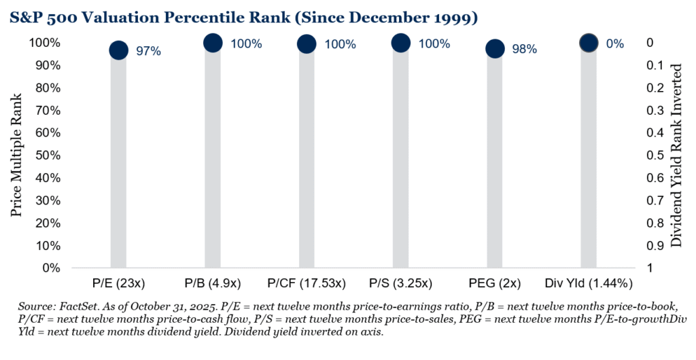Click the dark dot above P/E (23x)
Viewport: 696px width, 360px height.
point(118,50)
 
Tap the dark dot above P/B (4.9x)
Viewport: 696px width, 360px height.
point(213,43)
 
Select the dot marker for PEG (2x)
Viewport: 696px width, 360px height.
point(495,49)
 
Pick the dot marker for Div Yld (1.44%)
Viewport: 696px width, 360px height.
point(589,43)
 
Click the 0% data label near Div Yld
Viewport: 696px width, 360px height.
point(614,43)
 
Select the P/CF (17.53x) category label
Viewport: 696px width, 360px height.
point(307,281)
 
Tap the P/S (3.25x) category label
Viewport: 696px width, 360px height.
point(400,281)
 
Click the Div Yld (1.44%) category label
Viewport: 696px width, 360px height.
point(589,281)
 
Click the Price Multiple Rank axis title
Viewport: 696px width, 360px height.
point(16,156)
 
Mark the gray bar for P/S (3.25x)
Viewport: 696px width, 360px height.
point(401,163)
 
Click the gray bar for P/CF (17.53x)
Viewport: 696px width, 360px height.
point(307,163)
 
